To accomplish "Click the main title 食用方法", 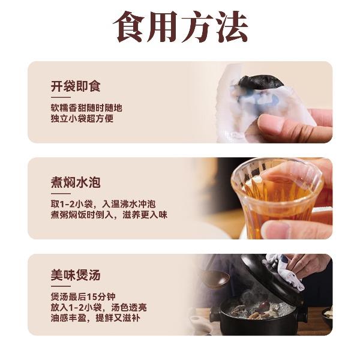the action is pos(181,26).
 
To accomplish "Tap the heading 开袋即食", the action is pos(76,86).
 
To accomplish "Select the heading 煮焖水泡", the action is pos(76,182).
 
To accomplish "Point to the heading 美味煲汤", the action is pos(76,275).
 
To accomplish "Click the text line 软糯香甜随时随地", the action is pos(86,107).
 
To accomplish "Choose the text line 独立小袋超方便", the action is pos(82,118).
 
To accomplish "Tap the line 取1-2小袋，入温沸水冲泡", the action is pos(103,204).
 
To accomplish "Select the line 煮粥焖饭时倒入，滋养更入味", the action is pos(109,215).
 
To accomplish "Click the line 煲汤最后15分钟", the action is pos(83,296).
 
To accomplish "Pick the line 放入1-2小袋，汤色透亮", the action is pos(99,307).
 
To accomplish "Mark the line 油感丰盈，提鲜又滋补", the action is pos(95,318).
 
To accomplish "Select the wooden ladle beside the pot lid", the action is pos(216,278).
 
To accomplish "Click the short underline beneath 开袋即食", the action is pos(61,97).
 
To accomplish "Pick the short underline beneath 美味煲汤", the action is pos(61,286).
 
